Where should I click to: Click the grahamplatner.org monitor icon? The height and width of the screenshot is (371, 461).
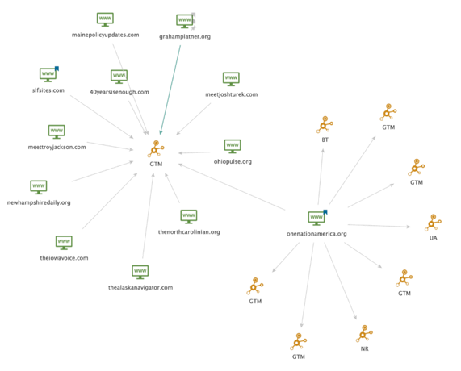(185, 21)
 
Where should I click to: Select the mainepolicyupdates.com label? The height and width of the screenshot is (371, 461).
(105, 35)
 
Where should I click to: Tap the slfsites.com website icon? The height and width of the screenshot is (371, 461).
(48, 75)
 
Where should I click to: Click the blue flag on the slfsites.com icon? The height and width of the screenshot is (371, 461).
(57, 69)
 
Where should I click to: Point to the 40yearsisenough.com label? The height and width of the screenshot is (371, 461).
(119, 92)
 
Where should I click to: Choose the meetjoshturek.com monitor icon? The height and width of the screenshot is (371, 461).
(231, 79)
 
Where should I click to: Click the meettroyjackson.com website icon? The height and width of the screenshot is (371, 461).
(57, 131)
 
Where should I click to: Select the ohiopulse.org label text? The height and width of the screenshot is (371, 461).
(233, 161)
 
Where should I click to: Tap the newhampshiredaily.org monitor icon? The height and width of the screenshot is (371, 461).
(39, 187)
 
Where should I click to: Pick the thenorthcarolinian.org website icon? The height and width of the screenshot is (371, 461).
(189, 216)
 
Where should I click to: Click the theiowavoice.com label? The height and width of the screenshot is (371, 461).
(64, 258)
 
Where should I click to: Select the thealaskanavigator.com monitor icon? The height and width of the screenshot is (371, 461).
(140, 272)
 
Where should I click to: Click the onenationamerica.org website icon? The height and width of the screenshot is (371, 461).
(316, 219)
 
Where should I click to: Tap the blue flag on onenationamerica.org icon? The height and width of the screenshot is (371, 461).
(325, 212)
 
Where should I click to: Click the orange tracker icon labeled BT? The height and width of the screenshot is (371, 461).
(325, 124)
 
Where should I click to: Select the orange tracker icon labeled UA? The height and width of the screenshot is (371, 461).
(433, 223)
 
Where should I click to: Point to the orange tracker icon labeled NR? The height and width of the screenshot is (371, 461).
(364, 334)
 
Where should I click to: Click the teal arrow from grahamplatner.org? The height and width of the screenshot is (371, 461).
(170, 90)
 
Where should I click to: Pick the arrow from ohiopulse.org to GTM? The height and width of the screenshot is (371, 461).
(195, 152)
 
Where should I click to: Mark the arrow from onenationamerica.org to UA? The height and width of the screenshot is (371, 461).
(379, 226)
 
